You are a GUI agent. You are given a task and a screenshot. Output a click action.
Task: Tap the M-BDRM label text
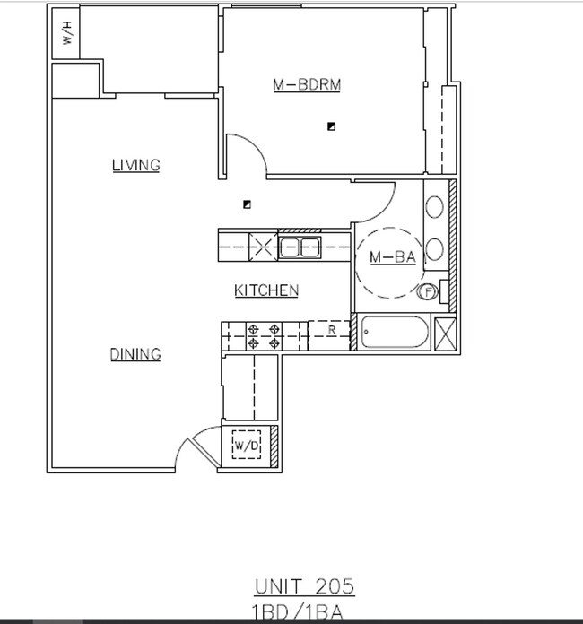[x=308, y=85]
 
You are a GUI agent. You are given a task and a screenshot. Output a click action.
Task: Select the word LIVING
[x=135, y=165]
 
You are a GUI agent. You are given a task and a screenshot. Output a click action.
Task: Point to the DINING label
[x=135, y=354]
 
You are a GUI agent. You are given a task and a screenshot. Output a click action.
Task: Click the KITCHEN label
[x=266, y=290]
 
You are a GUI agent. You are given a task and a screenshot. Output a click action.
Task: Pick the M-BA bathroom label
[x=393, y=258]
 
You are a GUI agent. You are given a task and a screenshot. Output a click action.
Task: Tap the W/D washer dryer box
[x=247, y=444]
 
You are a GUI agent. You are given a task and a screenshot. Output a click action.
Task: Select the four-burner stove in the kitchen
[x=265, y=335]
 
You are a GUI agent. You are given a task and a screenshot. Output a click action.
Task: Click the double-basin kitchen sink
[x=299, y=247]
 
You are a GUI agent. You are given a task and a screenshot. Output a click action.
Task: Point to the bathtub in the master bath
[x=396, y=333]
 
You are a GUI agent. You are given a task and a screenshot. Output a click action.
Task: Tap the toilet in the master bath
[x=431, y=291]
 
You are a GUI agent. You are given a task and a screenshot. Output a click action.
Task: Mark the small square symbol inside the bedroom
[x=331, y=126]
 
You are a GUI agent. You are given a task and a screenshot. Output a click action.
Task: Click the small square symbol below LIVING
[x=248, y=204]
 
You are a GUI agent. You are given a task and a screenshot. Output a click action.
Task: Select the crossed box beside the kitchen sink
[x=262, y=247]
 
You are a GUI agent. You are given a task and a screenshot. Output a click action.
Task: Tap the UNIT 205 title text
[x=305, y=587]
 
